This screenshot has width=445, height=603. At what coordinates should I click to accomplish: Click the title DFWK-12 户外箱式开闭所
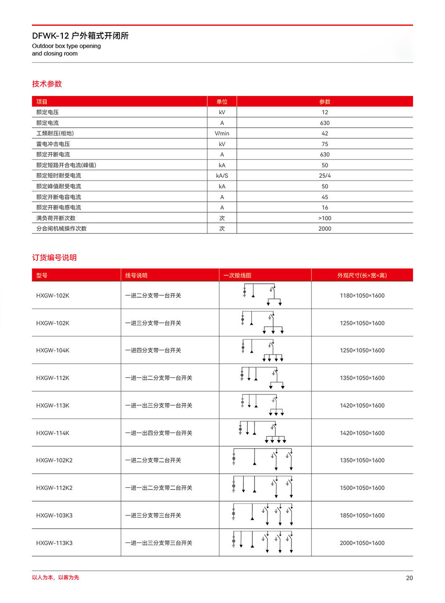click(80, 36)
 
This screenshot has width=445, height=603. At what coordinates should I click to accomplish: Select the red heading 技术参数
click(47, 84)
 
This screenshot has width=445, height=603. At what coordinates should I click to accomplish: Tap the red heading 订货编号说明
click(54, 258)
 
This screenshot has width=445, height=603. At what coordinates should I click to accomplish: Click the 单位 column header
click(222, 102)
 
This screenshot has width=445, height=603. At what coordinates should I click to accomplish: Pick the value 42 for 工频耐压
click(325, 133)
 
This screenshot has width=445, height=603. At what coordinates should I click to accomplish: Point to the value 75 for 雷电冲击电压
click(325, 144)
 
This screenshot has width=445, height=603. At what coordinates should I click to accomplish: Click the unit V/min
click(222, 133)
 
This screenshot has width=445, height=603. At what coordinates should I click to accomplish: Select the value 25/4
click(325, 176)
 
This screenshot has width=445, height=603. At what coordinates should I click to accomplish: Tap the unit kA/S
click(222, 176)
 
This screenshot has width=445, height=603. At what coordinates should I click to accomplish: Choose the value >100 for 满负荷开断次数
click(325, 218)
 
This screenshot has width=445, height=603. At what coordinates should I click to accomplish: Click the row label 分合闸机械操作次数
click(61, 229)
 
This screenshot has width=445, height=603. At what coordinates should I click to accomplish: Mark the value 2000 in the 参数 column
click(325, 229)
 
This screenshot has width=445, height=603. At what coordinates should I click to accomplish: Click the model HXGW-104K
click(53, 350)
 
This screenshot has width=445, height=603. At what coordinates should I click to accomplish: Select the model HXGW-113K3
click(54, 543)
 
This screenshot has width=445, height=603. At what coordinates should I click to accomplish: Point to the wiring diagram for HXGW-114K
click(263, 433)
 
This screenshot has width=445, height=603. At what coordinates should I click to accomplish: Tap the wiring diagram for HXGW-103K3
click(263, 515)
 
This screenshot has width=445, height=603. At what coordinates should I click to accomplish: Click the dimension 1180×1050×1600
click(362, 296)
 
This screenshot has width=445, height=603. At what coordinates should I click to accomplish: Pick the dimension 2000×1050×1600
click(362, 543)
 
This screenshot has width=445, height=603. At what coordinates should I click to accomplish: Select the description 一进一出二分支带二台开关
click(158, 488)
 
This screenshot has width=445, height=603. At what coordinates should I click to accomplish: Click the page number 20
click(409, 578)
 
